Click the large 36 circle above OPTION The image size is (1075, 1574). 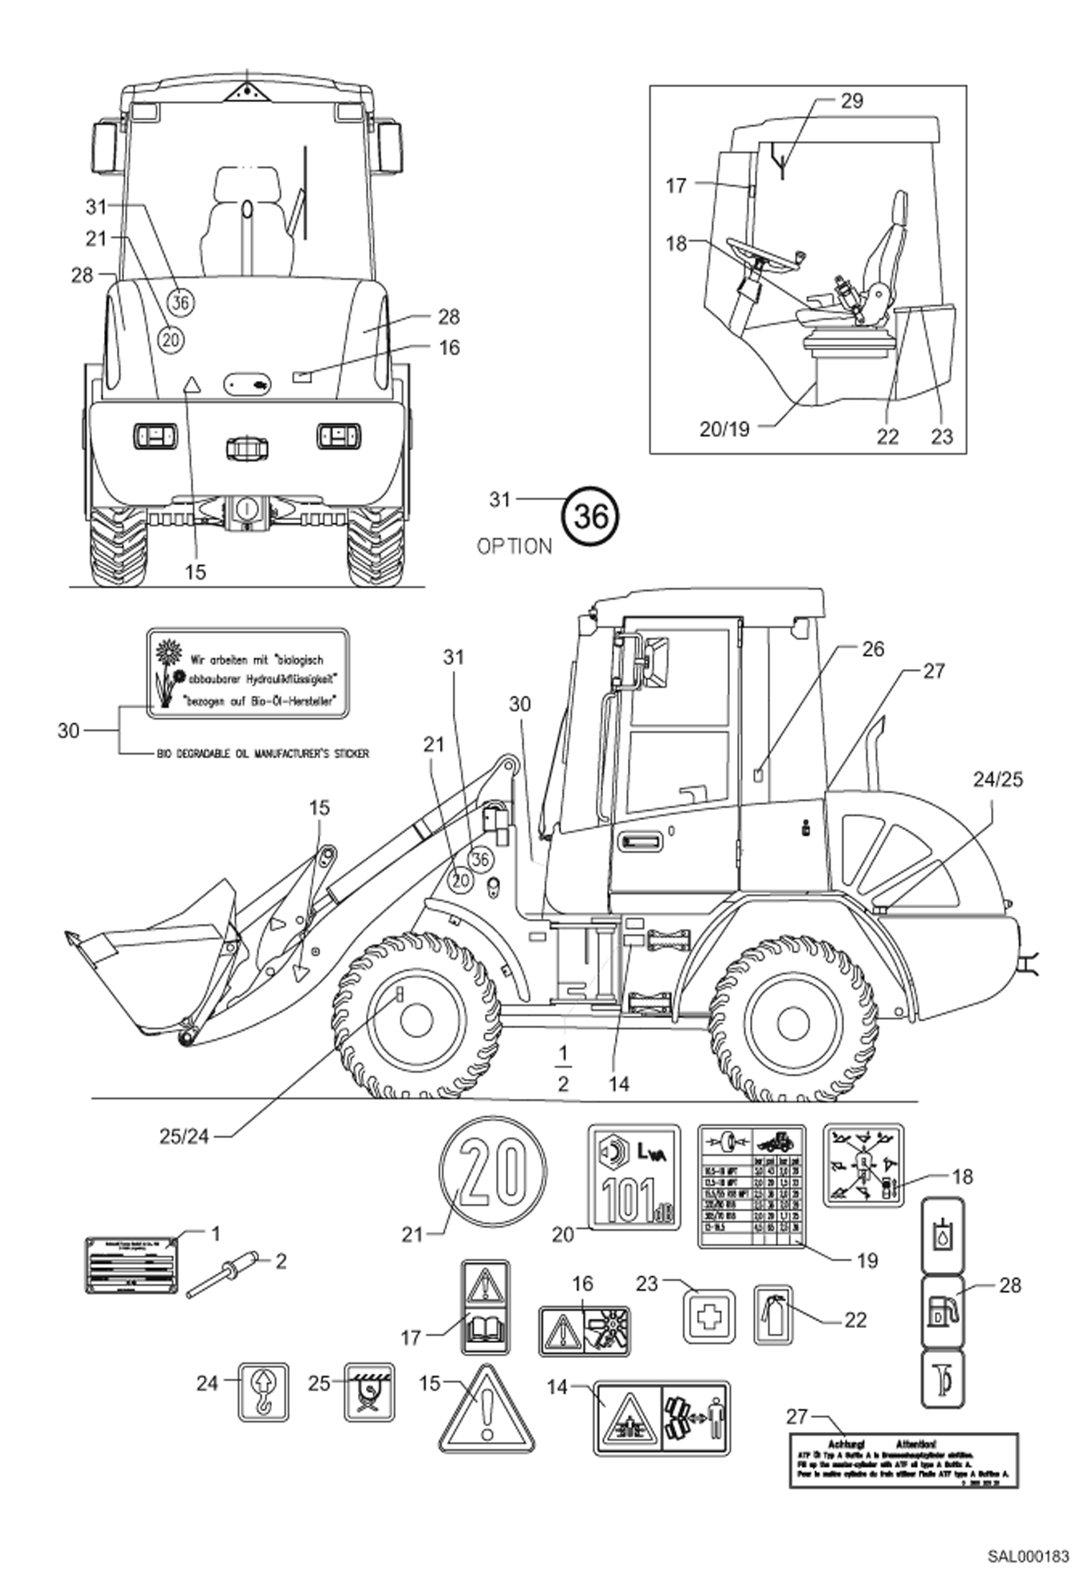[591, 515]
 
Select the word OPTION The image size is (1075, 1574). [515, 547]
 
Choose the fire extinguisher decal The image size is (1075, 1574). [773, 1314]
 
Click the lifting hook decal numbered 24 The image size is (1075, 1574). [263, 1392]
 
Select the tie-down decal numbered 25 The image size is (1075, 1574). [370, 1392]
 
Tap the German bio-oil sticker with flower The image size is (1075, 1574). [248, 674]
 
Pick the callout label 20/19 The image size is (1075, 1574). [724, 429]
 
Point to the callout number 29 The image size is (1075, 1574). [851, 101]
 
